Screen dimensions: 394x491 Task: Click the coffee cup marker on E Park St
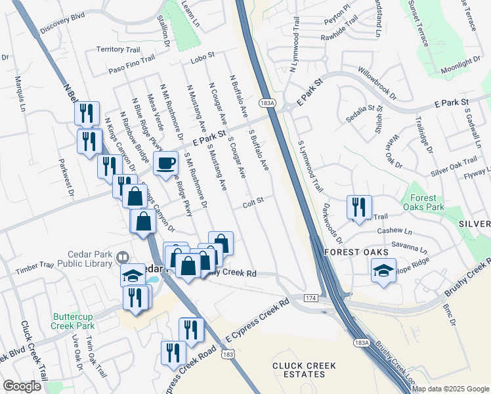(166, 162)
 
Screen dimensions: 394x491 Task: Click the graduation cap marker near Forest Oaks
(383, 271)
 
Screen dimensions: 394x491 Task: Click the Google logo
(22, 386)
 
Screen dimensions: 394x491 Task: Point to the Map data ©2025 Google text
(450, 389)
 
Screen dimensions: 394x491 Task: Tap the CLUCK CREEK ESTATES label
(305, 370)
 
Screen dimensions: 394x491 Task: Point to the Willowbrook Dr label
(377, 82)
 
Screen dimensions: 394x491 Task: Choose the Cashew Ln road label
(395, 232)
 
